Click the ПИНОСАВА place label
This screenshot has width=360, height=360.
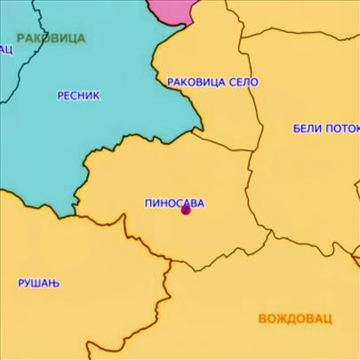[173, 203]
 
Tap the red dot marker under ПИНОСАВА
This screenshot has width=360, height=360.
[186, 211]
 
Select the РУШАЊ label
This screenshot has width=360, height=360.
[37, 283]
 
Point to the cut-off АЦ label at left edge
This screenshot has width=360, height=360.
[6, 49]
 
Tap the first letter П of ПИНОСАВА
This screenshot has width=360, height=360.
[148, 203]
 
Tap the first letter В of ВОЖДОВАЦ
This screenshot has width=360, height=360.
[263, 318]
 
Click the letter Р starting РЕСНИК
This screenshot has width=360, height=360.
[60, 94]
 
